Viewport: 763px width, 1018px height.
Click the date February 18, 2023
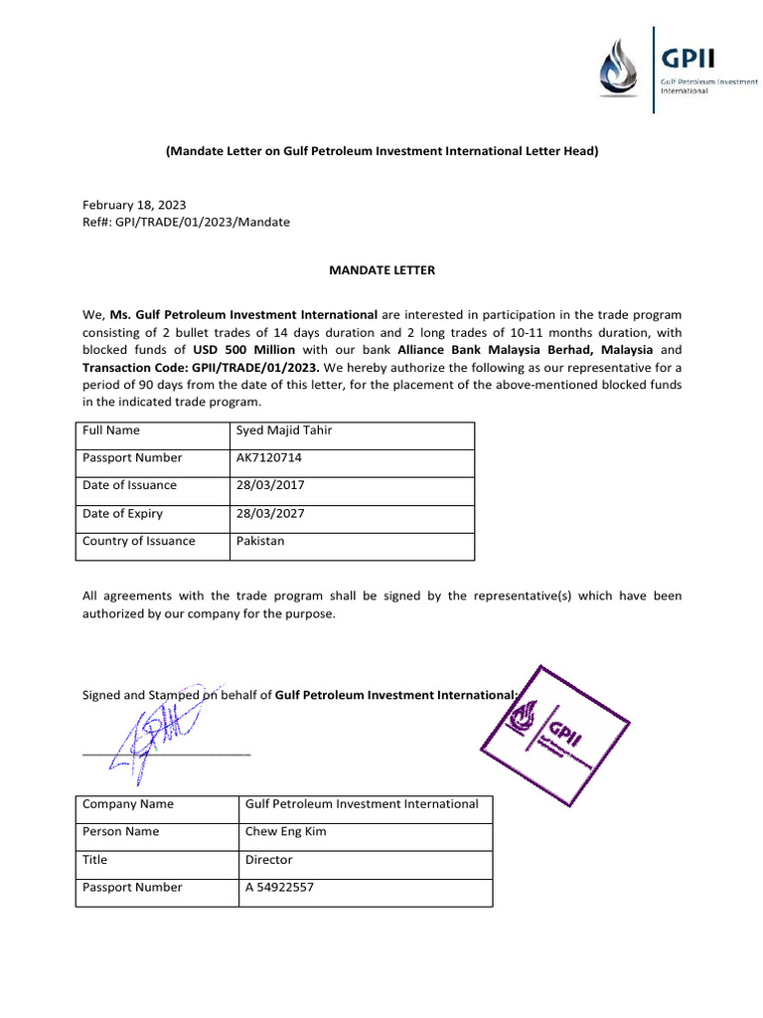point(134,204)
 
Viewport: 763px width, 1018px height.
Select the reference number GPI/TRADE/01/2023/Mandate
point(186,222)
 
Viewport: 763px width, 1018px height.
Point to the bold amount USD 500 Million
point(244,350)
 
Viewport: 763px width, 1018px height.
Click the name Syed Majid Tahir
point(284,430)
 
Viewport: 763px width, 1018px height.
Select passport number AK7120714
point(269,458)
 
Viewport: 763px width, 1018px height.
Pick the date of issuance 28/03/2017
point(270,486)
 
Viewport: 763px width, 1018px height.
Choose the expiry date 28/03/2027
point(270,514)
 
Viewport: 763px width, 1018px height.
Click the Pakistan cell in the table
point(260,542)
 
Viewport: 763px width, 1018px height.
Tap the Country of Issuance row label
point(139,542)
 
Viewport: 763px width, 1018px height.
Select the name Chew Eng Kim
point(285,832)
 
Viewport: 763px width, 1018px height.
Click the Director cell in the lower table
point(269,860)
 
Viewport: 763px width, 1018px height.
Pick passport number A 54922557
point(279,888)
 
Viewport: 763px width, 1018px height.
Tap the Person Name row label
point(120,832)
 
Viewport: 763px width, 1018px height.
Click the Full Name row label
point(111,430)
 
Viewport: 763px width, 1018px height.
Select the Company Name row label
point(128,804)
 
